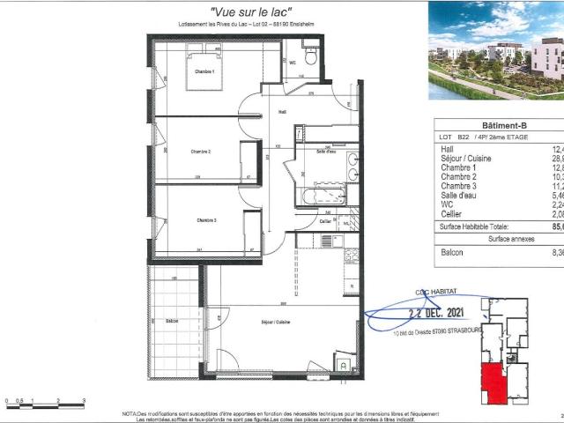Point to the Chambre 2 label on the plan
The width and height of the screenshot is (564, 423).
201,152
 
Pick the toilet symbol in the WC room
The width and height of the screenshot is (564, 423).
309,56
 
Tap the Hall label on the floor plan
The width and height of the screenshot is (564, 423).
282,112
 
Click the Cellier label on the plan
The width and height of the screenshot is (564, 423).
325,221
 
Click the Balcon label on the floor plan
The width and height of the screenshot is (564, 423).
172,321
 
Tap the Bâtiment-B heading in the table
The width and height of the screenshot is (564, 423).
498,126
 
